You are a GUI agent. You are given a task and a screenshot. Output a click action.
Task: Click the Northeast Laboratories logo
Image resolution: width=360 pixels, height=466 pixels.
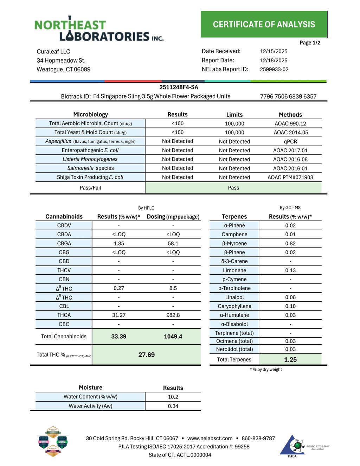point(99,29)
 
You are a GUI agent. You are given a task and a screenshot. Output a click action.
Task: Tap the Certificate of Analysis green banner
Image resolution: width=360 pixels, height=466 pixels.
point(264,24)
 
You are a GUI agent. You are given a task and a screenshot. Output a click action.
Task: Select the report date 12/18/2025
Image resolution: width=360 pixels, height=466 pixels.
point(274,60)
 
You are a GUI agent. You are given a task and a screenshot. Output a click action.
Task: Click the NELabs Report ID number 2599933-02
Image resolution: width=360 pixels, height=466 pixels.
point(274,69)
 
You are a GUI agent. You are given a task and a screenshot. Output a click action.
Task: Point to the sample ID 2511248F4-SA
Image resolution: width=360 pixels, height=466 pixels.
point(179,87)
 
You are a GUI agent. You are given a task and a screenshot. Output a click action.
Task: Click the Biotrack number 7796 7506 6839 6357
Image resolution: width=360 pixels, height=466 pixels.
point(288,96)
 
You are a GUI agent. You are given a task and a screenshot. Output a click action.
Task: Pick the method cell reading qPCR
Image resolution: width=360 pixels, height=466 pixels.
point(290,141)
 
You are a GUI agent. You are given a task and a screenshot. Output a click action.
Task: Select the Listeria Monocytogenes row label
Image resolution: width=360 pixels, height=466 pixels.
point(90,159)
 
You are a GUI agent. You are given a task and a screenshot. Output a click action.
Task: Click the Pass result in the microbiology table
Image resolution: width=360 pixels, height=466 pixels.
point(233,188)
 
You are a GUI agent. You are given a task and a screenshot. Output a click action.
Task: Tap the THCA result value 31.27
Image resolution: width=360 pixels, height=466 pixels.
point(119,315)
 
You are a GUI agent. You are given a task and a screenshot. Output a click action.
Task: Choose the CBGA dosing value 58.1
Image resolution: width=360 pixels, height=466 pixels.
point(173,243)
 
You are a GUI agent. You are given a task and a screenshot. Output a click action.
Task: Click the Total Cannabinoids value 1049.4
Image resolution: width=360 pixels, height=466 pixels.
point(173,337)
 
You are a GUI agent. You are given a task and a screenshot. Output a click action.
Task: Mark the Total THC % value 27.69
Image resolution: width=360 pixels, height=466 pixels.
point(146,355)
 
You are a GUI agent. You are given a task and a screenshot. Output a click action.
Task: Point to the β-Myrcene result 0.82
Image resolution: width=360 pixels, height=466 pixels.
point(290,243)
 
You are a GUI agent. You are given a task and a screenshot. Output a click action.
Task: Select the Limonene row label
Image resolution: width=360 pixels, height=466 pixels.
point(234,270)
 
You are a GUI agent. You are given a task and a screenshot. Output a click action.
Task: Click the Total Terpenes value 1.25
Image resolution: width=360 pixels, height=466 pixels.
point(290,359)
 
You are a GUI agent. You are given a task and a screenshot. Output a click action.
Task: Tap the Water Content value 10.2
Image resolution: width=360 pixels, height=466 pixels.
point(173,397)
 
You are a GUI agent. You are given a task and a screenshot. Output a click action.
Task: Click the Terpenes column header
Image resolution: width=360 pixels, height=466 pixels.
point(234,217)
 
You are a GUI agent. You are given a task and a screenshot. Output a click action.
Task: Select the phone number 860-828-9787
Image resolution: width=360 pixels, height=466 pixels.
point(258,438)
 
